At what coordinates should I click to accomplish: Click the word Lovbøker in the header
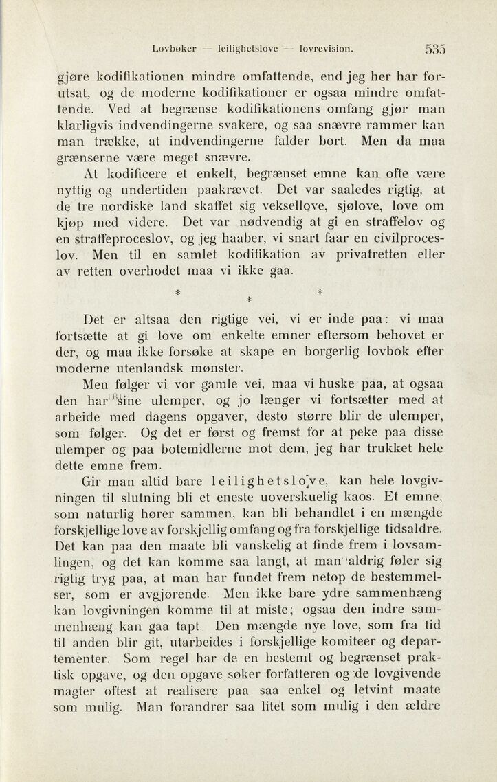[175, 49]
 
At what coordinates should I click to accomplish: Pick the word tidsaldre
[415, 528]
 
